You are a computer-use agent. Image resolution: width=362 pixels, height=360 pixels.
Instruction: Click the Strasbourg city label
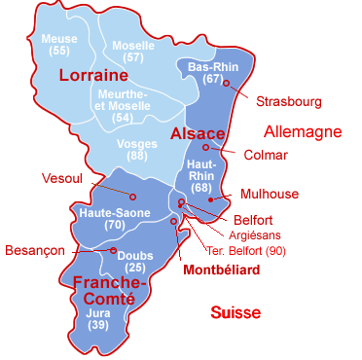(287, 101)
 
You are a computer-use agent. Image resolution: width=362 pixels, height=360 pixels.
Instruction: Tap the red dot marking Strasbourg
(226, 84)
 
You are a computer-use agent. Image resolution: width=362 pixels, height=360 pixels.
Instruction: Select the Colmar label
(266, 154)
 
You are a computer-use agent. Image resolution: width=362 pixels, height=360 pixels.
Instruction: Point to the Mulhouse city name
(273, 194)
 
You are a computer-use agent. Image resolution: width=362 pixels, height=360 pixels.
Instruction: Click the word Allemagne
(303, 130)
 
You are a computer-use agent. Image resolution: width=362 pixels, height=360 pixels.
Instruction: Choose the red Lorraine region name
(94, 75)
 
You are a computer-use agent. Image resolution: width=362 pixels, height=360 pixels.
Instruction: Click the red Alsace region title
(199, 133)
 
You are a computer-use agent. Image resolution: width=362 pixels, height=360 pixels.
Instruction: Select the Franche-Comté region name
(109, 291)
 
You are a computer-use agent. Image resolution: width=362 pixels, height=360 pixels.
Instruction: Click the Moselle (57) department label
(133, 52)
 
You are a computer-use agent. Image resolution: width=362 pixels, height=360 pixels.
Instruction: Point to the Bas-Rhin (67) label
(213, 72)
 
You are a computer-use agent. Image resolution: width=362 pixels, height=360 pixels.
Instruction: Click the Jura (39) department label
(98, 319)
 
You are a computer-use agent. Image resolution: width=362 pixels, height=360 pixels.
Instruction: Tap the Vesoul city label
(63, 178)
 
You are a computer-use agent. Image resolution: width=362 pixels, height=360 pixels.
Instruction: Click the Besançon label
(35, 250)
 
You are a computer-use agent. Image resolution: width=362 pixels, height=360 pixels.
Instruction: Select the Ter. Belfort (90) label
(247, 250)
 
